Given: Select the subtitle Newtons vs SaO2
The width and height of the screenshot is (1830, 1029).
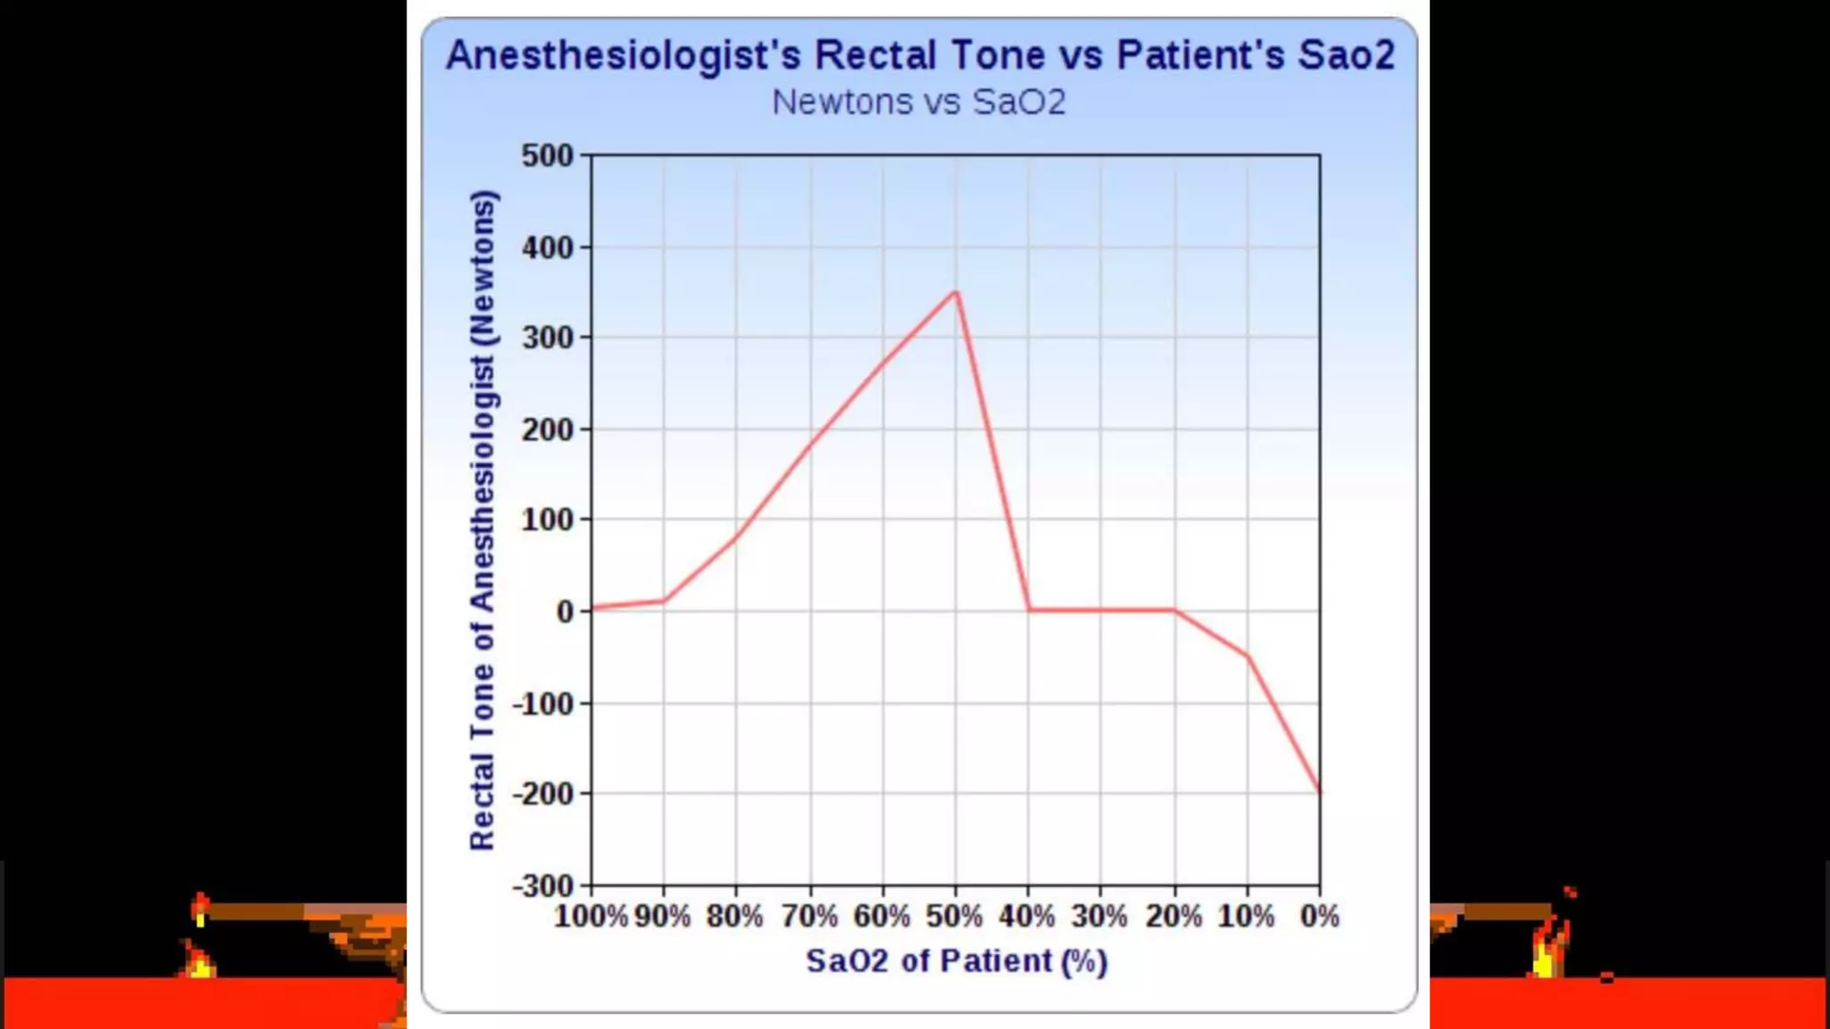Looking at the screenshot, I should [x=919, y=102].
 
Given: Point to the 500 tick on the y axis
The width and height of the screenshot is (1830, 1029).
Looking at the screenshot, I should [x=547, y=155].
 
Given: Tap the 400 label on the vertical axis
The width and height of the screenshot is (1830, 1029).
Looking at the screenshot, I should [x=547, y=247].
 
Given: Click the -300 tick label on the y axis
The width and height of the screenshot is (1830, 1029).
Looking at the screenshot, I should [x=542, y=886].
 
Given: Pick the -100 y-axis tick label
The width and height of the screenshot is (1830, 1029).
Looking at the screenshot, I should [x=542, y=704].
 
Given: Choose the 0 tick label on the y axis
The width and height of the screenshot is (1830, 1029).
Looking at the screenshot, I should [x=565, y=612].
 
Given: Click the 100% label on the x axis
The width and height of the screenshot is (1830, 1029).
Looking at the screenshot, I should [x=591, y=916].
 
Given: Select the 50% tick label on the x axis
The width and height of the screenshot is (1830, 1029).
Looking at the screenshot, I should [x=954, y=916].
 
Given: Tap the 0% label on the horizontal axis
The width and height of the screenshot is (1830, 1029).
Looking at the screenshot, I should [x=1320, y=916].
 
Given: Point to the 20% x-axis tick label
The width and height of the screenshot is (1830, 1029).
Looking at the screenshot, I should [x=1173, y=916].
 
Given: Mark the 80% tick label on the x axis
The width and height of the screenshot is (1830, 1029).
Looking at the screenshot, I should [x=735, y=916].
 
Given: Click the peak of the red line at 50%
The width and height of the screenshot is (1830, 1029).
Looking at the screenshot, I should [x=955, y=292].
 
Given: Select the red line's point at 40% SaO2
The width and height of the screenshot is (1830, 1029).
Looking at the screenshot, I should [x=1028, y=610].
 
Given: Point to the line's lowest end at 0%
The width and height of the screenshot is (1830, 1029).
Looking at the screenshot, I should [x=1319, y=791].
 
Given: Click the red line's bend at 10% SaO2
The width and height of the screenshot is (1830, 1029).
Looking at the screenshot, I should [x=1247, y=657].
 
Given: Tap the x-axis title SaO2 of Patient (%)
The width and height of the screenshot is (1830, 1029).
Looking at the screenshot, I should [x=956, y=961].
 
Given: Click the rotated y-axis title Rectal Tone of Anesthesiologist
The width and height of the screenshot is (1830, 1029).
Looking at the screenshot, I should [x=483, y=520].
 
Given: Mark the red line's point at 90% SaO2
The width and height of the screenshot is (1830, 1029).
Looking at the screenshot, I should [x=664, y=600].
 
